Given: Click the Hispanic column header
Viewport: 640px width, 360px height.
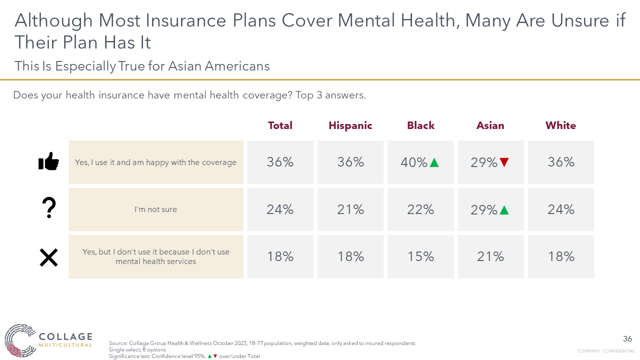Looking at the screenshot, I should point(350,125).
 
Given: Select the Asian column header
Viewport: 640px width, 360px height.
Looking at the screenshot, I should point(490,125).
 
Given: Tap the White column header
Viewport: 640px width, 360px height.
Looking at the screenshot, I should point(560,125).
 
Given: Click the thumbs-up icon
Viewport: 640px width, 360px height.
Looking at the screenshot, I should point(48,162).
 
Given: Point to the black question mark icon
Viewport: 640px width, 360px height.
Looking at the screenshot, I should point(49,208).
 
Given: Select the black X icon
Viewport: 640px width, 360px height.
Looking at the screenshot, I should point(48,257).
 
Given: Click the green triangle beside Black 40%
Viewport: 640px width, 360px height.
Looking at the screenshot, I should point(434,162).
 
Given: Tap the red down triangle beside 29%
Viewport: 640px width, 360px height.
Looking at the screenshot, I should point(504,162).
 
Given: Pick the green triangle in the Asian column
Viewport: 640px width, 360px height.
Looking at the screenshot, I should point(504,210).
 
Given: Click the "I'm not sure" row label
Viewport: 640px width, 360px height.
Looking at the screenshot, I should point(155,209).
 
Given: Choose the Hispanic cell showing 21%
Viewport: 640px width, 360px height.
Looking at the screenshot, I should point(350,209).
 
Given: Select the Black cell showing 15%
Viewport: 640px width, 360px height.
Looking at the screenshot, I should point(420,256).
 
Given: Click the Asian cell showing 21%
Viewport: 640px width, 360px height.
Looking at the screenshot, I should point(490,256).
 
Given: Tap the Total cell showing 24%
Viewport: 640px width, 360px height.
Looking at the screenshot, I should point(280,209).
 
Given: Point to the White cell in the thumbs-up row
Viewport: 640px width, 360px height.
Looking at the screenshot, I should point(560,162).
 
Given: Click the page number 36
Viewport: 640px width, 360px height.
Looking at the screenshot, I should point(627,339).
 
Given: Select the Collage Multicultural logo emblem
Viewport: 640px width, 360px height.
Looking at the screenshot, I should point(20,340).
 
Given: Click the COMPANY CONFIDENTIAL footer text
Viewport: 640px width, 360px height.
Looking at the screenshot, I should point(605,351).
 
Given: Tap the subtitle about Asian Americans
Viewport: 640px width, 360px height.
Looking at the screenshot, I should point(142,66).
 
